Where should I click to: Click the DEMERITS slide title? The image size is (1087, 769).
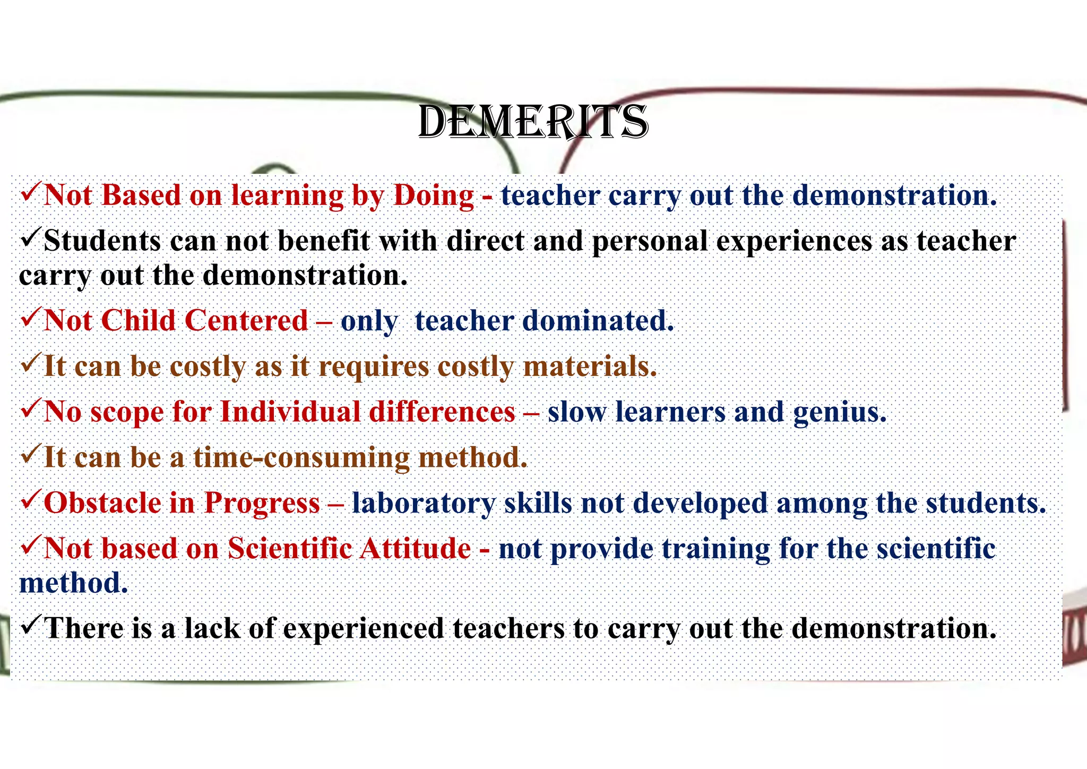coord(533,123)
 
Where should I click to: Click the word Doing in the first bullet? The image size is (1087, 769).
coord(434,195)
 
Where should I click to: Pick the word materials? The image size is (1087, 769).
coord(590,366)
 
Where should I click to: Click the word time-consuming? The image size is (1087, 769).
coord(301,458)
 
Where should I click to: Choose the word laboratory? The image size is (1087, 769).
coord(423,503)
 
